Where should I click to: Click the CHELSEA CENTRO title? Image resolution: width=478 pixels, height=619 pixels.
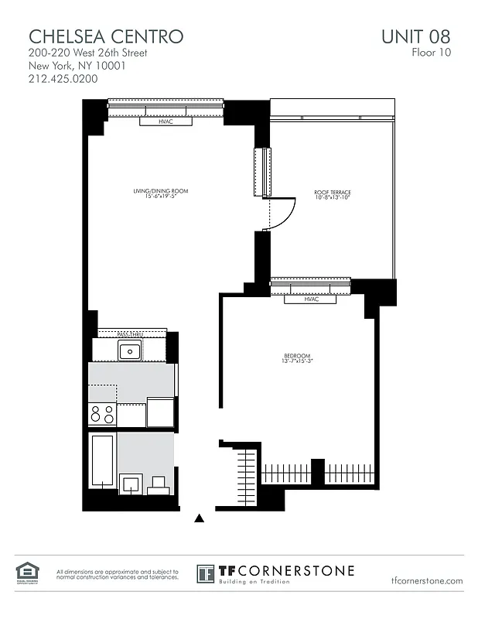point(106,36)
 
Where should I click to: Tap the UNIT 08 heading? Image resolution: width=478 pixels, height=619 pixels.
point(415,36)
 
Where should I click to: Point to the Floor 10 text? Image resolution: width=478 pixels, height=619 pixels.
point(431,53)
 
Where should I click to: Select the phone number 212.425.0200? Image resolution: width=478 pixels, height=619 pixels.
point(63,78)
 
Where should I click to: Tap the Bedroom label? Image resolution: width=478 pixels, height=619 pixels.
point(297,357)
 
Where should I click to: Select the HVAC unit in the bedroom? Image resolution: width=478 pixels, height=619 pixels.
point(312,299)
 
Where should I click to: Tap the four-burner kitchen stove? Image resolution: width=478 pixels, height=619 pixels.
point(102,415)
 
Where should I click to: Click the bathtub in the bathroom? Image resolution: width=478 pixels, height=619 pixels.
point(103,463)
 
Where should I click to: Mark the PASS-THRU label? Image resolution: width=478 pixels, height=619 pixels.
point(130,334)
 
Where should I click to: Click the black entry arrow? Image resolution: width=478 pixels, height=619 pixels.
point(200,518)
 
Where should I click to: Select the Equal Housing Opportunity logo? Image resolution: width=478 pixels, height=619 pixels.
point(27,573)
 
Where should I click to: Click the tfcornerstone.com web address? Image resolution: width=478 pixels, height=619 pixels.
point(427,580)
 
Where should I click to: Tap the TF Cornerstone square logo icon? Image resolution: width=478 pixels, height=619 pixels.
point(205,574)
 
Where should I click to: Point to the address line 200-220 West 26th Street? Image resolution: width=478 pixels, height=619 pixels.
point(87,53)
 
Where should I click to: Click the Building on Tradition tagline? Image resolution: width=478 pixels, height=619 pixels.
point(255,581)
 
